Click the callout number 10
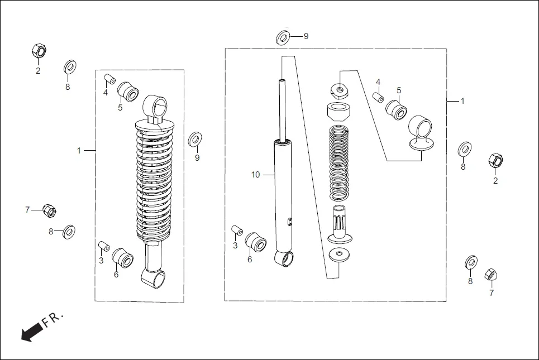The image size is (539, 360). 255,175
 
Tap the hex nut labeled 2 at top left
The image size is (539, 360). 38,52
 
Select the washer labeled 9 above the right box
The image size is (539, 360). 283,38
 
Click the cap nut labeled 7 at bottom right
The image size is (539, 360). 490,275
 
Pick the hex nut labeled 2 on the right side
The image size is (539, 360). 495,160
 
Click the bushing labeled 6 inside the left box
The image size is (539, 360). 122,258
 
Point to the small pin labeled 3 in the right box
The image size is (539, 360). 236,230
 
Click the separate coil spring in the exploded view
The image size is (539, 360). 338,163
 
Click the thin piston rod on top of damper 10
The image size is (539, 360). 283,109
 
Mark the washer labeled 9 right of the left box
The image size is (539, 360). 195,138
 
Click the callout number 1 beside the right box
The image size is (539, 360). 462,101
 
